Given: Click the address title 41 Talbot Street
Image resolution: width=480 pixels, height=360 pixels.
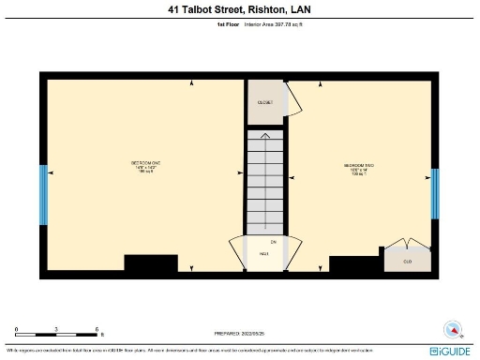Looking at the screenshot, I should tap(240, 9).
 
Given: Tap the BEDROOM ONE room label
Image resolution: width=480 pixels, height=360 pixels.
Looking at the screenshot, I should tap(146, 167).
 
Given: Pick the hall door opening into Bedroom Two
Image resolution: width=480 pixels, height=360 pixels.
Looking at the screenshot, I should tap(293, 251).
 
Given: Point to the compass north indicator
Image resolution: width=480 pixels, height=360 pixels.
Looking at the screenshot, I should tap(453, 330).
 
